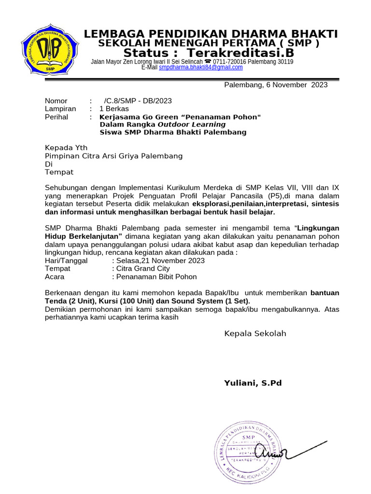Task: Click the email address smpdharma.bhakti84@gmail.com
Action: tap(200, 68)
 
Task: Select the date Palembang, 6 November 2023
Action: tap(276, 85)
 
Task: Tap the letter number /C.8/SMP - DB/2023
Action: tap(138, 101)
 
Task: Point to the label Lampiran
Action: tap(60, 109)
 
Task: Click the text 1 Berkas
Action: tap(114, 109)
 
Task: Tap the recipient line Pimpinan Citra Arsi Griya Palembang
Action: tap(114, 156)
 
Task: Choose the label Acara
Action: tap(54, 277)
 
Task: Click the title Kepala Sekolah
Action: tap(255, 333)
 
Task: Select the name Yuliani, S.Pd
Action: tap(253, 383)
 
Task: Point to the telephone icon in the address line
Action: tap(207, 62)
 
